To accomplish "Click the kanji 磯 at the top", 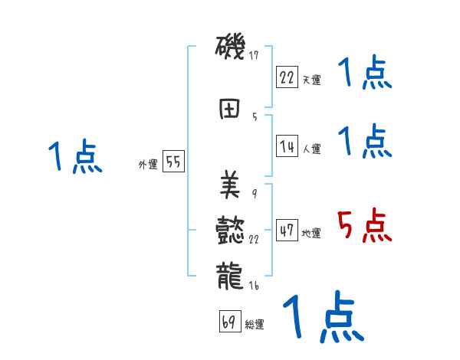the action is tap(230, 49).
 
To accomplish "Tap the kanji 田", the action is tap(229, 109).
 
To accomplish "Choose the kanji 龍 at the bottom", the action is tap(230, 275).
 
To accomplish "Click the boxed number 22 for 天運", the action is tap(287, 77).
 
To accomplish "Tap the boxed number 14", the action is tap(287, 146).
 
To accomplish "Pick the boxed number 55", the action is tap(172, 162).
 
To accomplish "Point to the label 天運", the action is tap(311, 80).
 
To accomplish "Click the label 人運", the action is tap(311, 149).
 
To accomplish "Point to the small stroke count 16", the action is tap(255, 286).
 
